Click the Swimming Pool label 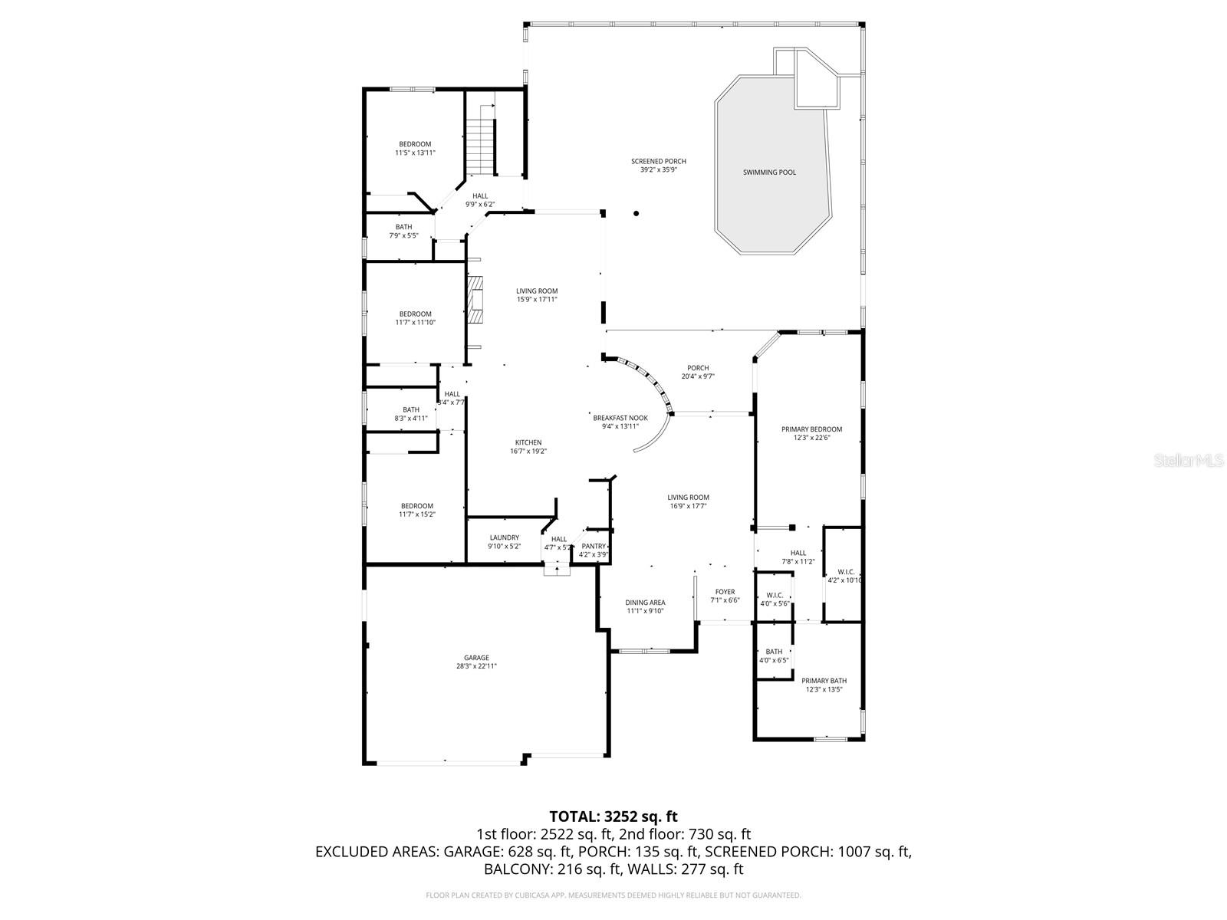point(769,172)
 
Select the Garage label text point(476,658)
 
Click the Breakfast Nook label point(620,418)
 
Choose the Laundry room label point(504,537)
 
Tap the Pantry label point(593,546)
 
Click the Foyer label point(725,592)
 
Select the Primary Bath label point(824,681)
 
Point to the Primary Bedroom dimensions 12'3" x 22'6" point(811,438)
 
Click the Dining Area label point(645,603)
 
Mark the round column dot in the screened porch point(636,214)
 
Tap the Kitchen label point(528,442)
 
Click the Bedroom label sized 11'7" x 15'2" point(416,506)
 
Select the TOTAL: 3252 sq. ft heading point(613,816)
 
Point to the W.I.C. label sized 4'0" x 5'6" point(775,595)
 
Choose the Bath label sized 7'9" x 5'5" point(403,227)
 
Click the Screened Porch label point(658,161)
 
